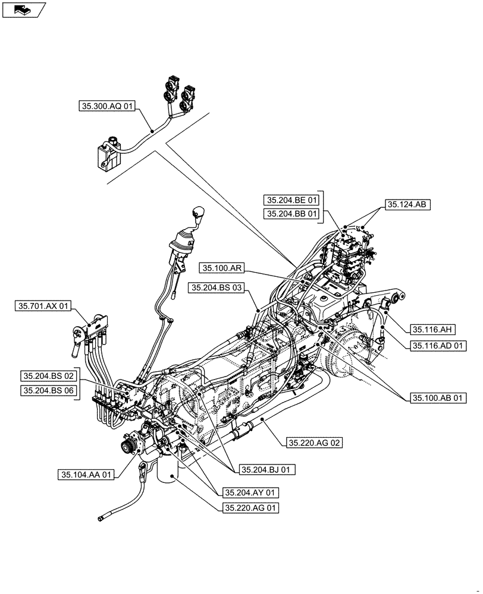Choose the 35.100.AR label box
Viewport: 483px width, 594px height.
221,268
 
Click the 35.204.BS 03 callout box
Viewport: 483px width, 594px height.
217,288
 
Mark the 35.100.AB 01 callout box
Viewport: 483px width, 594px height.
438,397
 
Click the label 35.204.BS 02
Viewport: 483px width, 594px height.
49,376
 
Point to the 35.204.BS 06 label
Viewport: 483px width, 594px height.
49,390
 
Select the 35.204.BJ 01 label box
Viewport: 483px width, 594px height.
267,469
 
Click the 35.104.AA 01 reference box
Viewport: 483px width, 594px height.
86,475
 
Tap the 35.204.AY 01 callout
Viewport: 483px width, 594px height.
250,493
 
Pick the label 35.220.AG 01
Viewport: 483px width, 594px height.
250,508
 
